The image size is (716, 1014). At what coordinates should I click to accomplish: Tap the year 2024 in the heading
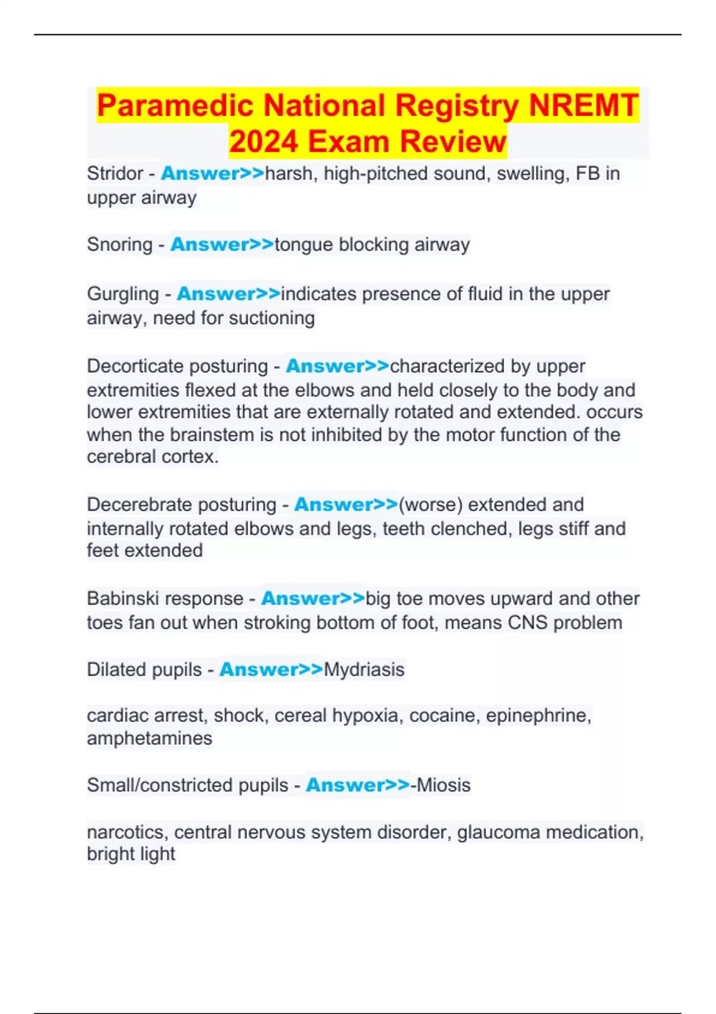[263, 142]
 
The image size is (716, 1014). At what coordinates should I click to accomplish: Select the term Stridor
[115, 174]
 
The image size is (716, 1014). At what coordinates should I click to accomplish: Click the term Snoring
[119, 245]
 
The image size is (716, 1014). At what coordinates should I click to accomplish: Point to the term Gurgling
[123, 294]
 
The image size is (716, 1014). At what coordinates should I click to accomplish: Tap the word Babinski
[123, 598]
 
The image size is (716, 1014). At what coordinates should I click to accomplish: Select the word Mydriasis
[364, 669]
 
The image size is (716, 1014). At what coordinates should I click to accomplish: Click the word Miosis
[443, 785]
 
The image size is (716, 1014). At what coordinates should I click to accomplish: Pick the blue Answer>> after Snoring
[222, 245]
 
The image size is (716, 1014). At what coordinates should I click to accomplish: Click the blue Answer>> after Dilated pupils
[271, 669]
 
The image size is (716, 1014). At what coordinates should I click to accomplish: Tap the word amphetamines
[149, 738]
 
